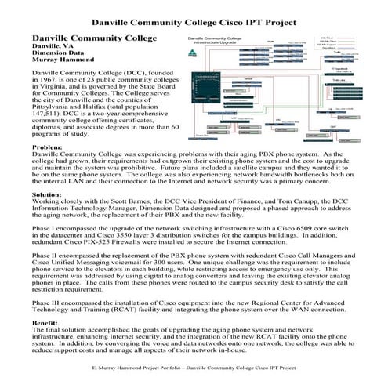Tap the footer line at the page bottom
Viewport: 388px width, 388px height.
[194, 366]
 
